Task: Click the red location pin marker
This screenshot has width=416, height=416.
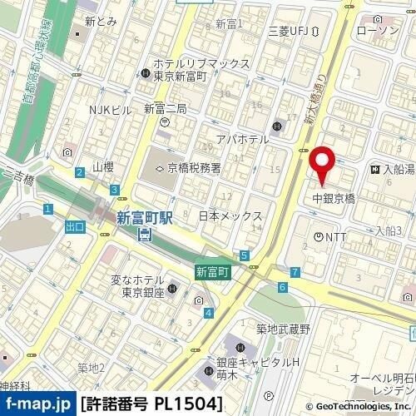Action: [x=321, y=163]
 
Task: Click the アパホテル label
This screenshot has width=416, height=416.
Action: [x=241, y=139]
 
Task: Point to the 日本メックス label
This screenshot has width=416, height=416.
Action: [x=230, y=215]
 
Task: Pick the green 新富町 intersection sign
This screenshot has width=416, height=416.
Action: [x=212, y=271]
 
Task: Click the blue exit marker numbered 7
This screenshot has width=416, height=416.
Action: [x=295, y=272]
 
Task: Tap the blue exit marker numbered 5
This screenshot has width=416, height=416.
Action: [x=243, y=255]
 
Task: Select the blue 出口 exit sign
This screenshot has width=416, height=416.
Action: [x=73, y=225]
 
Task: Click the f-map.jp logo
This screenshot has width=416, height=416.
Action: [x=37, y=404]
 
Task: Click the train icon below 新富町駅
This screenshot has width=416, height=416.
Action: [x=144, y=235]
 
